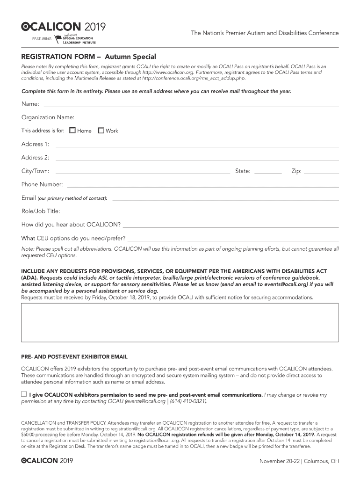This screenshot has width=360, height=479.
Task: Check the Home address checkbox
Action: pos(72,131)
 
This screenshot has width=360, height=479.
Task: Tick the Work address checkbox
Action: pos(101,131)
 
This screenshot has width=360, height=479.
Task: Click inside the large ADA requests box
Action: pos(180,323)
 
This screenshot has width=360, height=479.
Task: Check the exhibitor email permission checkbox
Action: pos(24,394)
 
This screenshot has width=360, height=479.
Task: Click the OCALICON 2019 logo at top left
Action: pos(64,26)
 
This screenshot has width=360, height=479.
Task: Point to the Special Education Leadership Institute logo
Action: pos(75,39)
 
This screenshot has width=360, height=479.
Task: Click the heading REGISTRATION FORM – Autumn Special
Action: pos(89,57)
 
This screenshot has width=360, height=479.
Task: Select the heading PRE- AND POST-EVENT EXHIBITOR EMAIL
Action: pos(74,357)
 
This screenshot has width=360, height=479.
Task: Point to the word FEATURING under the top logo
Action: pos(42,38)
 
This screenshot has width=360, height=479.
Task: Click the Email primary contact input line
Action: pos(225,199)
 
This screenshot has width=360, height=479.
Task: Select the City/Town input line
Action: pos(143,172)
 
